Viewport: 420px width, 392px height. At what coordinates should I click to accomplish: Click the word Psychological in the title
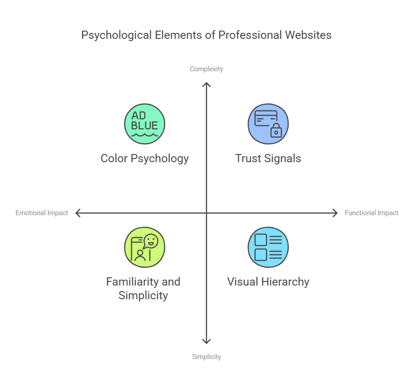coord(117,35)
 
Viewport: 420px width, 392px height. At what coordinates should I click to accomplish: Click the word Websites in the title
coord(308,35)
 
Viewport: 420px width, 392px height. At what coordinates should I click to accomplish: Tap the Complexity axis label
coord(206,69)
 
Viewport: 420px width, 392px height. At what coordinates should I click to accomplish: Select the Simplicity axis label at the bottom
coord(206,357)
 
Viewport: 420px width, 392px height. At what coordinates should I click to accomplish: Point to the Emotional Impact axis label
coord(42,213)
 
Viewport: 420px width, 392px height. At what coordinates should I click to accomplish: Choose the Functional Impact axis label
coord(371,213)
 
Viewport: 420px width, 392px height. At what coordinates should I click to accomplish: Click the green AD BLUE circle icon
coord(145,124)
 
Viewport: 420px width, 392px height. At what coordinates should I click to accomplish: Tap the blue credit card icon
coord(268,124)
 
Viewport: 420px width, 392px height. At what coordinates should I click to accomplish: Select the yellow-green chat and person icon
coord(145,247)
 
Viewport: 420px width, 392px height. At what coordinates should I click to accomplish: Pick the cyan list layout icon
coord(268,247)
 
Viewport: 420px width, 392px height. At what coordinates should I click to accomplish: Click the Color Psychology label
coord(145,159)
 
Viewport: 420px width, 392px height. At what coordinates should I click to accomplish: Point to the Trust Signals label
coord(268,159)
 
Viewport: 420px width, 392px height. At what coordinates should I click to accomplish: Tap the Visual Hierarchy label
coord(268,282)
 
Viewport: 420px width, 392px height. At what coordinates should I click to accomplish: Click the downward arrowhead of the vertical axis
coord(206,343)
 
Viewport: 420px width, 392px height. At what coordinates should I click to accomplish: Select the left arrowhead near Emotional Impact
coord(76,213)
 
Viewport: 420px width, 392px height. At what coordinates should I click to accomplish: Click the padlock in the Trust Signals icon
coord(276,131)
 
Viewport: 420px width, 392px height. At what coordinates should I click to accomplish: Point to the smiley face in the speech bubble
coord(151,241)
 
